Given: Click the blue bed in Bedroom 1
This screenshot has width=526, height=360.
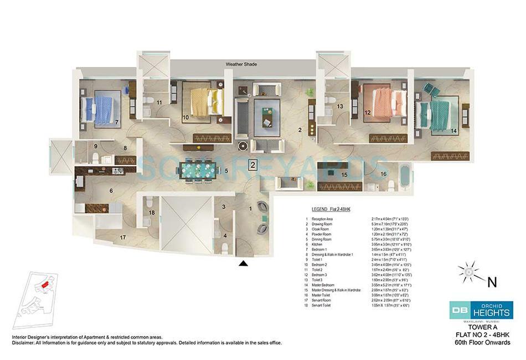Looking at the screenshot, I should pyautogui.click(x=100, y=110).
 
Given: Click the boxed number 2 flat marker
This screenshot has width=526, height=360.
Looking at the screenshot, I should pyautogui.click(x=252, y=164).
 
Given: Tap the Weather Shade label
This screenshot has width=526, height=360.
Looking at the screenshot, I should pyautogui.click(x=241, y=64).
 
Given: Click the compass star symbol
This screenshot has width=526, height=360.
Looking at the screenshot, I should pyautogui.click(x=467, y=272).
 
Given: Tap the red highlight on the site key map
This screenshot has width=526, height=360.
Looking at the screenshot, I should pyautogui.click(x=45, y=285).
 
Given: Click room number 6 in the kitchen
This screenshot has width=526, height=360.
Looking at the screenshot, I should pyautogui.click(x=111, y=191).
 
